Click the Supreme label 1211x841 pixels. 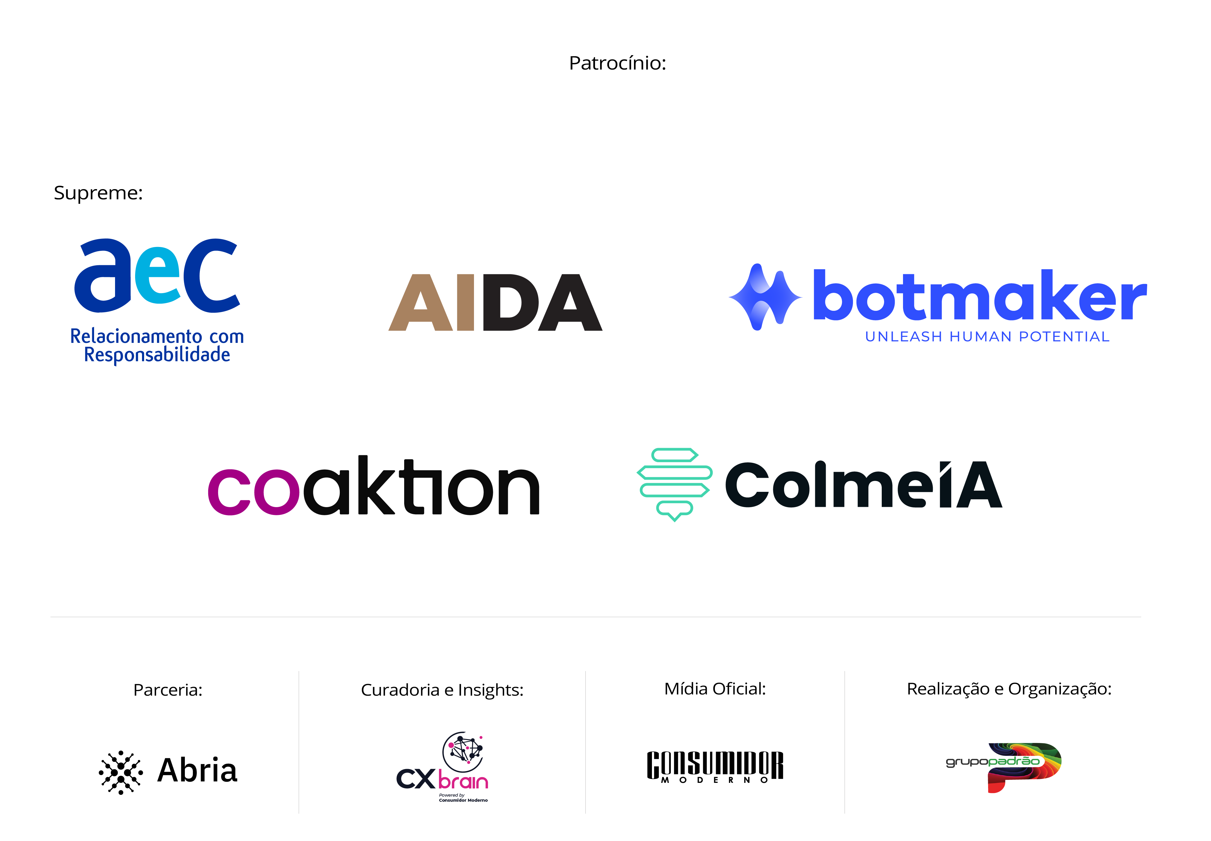coord(98,193)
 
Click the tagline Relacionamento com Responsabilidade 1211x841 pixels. coord(157,345)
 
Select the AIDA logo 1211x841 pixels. coord(495,302)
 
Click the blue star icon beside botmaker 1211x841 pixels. coord(765,297)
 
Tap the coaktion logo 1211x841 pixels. coord(374,486)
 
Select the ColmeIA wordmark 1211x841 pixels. coord(863,485)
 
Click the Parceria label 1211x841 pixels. coord(167,690)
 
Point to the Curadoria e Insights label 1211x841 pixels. coord(442,690)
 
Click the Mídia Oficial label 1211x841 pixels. coord(715,689)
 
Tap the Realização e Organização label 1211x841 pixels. coord(1009,689)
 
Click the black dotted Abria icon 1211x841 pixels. coord(121,772)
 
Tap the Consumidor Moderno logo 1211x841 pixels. coord(715,767)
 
